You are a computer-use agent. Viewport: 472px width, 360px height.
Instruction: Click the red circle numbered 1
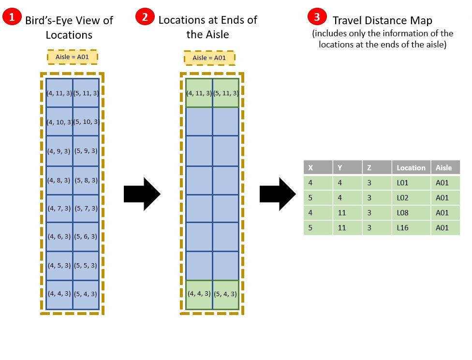coord(11,18)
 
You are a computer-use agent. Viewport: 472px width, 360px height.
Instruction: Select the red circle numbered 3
coord(316,17)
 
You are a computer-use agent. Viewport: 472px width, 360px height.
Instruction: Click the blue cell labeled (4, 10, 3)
coord(59,121)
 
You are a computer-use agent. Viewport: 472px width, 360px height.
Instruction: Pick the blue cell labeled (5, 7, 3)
coord(86,208)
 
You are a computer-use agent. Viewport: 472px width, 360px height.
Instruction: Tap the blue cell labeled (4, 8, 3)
coord(59,180)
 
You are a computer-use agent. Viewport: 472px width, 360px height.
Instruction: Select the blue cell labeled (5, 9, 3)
coord(86,150)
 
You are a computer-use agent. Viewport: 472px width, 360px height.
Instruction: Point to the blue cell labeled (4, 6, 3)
coord(59,237)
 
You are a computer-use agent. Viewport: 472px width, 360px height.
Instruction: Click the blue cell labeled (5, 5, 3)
coord(86,266)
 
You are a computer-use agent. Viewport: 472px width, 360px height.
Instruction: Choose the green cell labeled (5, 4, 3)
coord(226,294)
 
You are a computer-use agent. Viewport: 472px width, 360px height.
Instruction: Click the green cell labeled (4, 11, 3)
coord(199,92)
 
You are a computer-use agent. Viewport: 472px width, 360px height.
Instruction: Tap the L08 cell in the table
coord(411,212)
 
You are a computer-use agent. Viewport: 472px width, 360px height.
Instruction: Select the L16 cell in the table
coord(411,227)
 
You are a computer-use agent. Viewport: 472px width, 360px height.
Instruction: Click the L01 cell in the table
coord(411,183)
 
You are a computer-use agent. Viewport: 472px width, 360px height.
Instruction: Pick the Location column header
coord(411,167)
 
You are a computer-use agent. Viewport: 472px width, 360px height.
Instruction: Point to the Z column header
coord(377,167)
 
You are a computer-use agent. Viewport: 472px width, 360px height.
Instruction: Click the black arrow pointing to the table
coord(278,194)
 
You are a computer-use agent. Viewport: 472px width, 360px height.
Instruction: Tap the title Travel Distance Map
coord(382,20)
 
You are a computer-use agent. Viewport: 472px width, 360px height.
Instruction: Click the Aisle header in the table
coord(445,167)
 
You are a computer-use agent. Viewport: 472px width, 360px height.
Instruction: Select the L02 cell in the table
coord(411,197)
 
